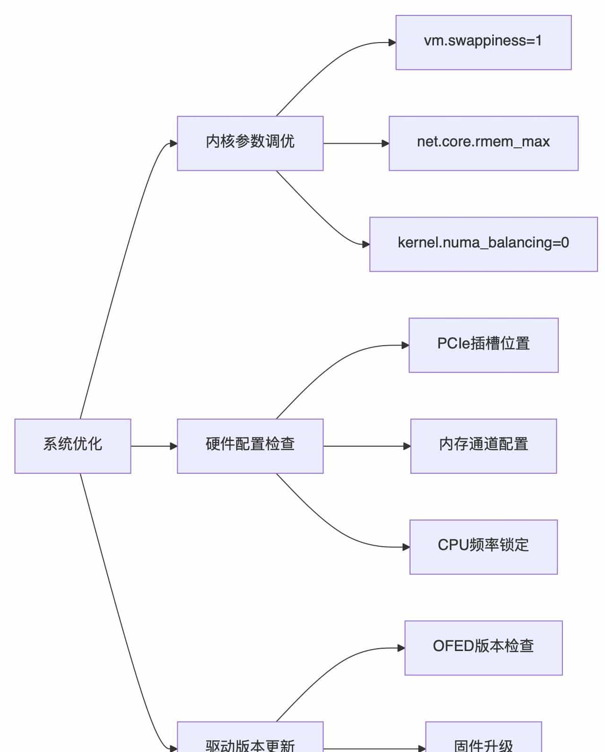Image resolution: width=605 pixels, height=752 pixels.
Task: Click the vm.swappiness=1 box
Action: [x=483, y=42]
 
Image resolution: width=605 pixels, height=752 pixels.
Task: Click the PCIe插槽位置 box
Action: [x=483, y=345]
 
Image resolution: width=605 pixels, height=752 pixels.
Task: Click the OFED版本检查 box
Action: [x=483, y=647]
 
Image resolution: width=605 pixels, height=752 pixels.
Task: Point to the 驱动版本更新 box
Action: [x=250, y=740]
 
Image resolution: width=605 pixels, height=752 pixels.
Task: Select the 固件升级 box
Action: [x=483, y=740]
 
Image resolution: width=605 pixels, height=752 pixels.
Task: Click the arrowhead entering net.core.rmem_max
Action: [x=385, y=143]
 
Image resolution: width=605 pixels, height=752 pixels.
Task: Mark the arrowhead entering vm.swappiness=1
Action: [x=392, y=43]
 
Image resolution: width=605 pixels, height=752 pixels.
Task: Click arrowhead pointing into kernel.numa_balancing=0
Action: [x=366, y=244]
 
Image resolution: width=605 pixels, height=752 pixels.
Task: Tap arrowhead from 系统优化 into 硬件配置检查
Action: [x=173, y=446]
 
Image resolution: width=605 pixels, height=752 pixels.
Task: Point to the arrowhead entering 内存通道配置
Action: [x=406, y=446]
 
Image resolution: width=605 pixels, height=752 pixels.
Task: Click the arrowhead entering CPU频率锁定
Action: [x=406, y=547]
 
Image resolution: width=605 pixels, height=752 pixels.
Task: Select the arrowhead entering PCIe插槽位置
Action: [x=405, y=345]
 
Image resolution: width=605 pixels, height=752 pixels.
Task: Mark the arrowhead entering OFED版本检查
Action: [x=401, y=648]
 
